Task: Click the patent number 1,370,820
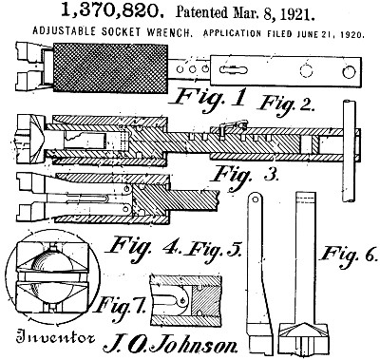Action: point(112,10)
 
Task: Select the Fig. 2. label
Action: point(287,104)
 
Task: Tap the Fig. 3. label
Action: point(245,176)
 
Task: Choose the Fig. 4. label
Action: point(143,249)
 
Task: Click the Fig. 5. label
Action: point(215,251)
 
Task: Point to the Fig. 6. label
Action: point(349,256)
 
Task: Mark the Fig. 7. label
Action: point(121,306)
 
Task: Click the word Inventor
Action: point(56,337)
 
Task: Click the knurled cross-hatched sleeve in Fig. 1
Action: point(110,67)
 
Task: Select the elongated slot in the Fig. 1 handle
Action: point(234,69)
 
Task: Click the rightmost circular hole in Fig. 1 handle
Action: point(349,72)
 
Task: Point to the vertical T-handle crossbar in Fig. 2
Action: point(349,151)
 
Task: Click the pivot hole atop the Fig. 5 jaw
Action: point(255,199)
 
